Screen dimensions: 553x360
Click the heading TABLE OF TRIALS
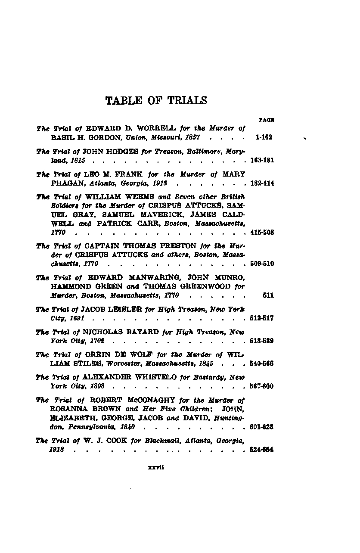point(156,101)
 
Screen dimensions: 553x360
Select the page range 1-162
point(263,137)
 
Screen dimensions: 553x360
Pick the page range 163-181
point(262,161)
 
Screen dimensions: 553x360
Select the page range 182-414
point(262,183)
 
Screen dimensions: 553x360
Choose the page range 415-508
point(262,233)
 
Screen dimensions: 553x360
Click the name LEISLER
point(121,310)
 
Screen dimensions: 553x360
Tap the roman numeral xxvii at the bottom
point(154,469)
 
